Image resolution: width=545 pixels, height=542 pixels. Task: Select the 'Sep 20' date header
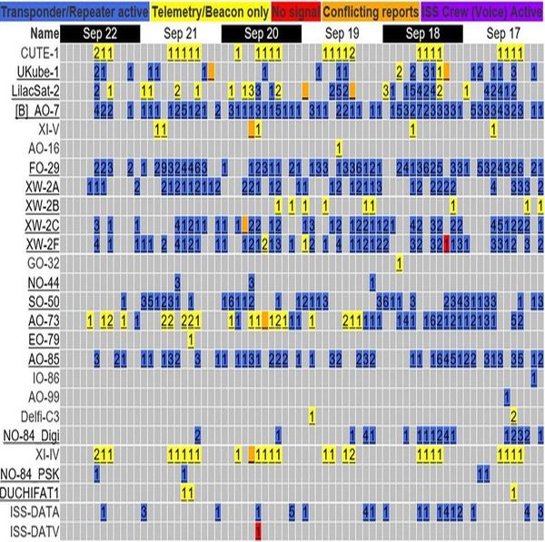click(x=262, y=33)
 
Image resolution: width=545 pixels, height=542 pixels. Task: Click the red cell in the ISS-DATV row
click(x=259, y=529)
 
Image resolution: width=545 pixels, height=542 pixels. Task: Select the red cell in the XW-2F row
click(x=447, y=243)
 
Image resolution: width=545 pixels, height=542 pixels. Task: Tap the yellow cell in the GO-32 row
click(x=399, y=262)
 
